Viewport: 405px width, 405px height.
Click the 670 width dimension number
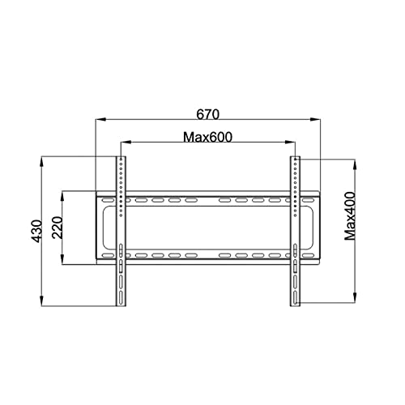coord(207,112)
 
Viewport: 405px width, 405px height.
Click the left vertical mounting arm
coord(120,231)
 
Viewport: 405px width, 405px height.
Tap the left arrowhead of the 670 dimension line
coord(99,120)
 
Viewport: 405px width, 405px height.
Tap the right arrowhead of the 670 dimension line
coord(318,120)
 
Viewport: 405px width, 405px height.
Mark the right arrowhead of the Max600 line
coord(292,144)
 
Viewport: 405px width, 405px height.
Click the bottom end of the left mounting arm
coord(120,303)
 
